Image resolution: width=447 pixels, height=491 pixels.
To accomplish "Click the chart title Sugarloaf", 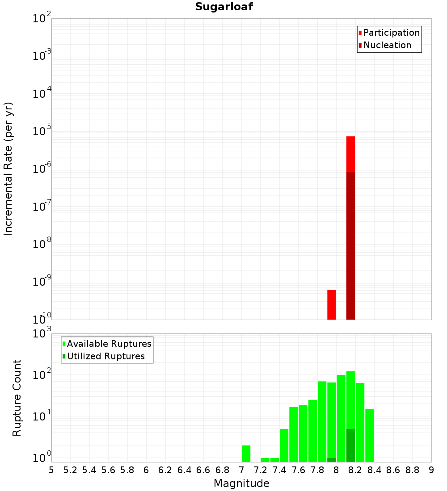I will [x=224, y=7].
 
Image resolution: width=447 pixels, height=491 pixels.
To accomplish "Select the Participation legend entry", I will [x=389, y=33].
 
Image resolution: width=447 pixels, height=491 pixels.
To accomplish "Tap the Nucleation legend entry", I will [x=385, y=46].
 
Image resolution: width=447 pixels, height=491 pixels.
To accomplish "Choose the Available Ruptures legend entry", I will [x=107, y=344].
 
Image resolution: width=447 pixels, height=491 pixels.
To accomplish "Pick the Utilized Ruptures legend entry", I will [x=103, y=357].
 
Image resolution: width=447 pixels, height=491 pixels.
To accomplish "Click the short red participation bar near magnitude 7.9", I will [x=332, y=305].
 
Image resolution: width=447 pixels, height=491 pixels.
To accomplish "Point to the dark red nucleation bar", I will [x=350, y=245].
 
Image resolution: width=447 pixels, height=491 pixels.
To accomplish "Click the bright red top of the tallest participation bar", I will [x=350, y=154].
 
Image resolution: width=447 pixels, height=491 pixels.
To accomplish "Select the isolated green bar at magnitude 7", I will [x=246, y=454].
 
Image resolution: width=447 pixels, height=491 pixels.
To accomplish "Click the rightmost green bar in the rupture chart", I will [x=370, y=435].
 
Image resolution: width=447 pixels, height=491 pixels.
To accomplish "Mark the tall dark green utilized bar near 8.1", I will [x=350, y=445].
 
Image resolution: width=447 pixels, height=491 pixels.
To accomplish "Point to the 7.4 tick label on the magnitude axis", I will [x=279, y=470].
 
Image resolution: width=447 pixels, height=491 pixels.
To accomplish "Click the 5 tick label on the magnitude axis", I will [x=51, y=470].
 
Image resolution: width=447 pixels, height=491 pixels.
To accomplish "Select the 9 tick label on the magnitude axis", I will [x=431, y=470].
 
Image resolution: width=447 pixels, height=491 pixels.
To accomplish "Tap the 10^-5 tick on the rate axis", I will [x=42, y=131].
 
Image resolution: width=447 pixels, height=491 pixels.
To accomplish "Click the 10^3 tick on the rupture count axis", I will [x=42, y=333].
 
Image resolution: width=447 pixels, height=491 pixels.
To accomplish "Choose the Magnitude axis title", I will [x=241, y=483].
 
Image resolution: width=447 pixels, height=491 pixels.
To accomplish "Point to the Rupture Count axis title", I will [x=17, y=398].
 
